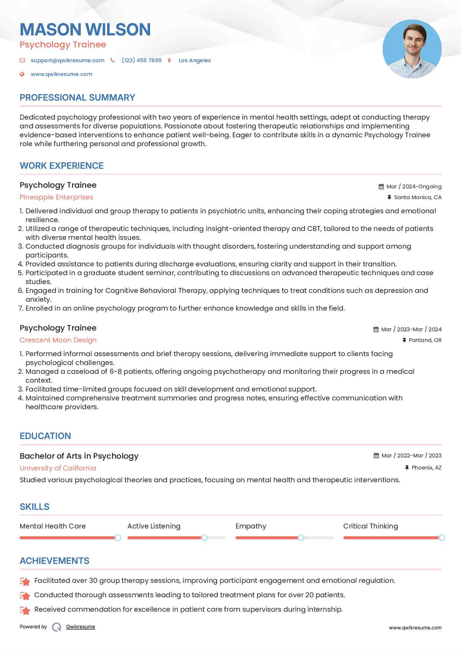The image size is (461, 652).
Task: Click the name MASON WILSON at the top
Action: (x=85, y=29)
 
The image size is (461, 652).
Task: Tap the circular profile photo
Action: (x=412, y=49)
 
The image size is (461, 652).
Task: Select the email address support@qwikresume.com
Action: (x=67, y=60)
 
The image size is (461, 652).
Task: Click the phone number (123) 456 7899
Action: (x=142, y=60)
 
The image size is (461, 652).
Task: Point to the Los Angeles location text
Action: (x=195, y=60)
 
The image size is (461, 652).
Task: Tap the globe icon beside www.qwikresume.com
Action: (x=22, y=74)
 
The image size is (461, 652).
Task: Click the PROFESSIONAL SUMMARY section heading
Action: (x=77, y=98)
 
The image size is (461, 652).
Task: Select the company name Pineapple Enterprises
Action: (x=56, y=197)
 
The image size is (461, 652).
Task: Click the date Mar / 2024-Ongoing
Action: (x=414, y=186)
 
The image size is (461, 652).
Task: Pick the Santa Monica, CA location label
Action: (x=417, y=197)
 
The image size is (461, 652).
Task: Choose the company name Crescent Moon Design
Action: (x=58, y=340)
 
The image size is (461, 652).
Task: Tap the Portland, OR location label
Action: (x=425, y=340)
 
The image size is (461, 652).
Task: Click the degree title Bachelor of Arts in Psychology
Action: (x=79, y=456)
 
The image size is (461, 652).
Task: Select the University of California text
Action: (x=58, y=468)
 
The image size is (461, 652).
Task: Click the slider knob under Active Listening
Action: (x=204, y=538)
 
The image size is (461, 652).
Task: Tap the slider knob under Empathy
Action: (x=301, y=538)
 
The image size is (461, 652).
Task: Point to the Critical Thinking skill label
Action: (x=371, y=526)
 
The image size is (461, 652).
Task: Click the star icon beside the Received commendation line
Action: (x=25, y=610)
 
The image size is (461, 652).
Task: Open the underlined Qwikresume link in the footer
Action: (x=81, y=627)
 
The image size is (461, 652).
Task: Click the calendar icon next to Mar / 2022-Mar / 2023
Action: (x=376, y=455)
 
